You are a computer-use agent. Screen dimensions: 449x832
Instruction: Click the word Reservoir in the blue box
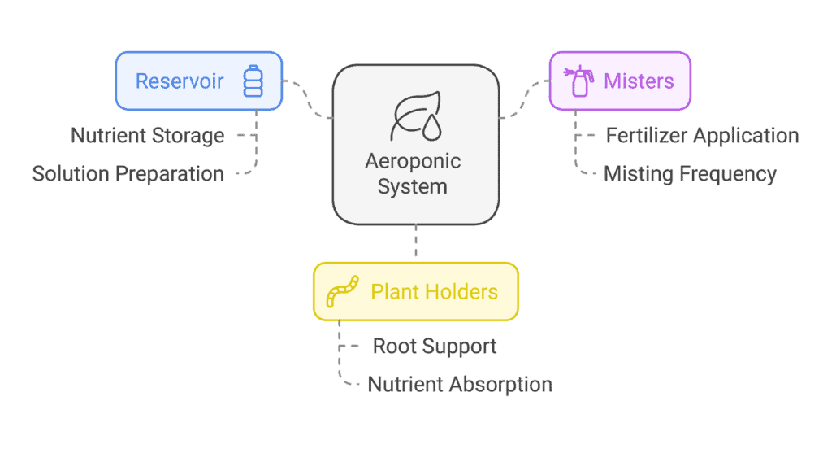pos(179,81)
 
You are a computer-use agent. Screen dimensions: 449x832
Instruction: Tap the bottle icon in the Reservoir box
pos(253,82)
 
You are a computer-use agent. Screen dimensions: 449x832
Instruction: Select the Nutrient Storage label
pos(147,135)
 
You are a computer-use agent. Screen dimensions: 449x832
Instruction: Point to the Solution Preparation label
pos(128,173)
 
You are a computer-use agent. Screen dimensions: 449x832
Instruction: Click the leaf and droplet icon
pos(414,119)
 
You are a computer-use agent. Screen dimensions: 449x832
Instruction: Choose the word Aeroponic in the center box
pos(413,160)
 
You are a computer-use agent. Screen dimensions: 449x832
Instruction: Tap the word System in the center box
pos(413,186)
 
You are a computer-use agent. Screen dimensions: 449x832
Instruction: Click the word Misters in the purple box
pos(639,81)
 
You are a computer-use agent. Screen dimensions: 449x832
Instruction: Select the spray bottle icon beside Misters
pos(578,81)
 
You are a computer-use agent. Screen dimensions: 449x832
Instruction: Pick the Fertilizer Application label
pos(702,135)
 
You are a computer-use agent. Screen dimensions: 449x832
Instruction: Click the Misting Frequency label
pos(690,173)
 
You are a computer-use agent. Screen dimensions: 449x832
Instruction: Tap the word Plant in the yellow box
pos(394,291)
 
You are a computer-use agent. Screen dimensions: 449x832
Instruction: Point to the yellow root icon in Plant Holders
pos(342,291)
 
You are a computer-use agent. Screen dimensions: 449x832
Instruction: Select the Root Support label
pos(435,346)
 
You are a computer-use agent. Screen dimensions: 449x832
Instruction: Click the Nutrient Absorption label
pos(460,384)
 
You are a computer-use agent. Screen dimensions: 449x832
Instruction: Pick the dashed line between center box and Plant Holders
pos(416,242)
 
